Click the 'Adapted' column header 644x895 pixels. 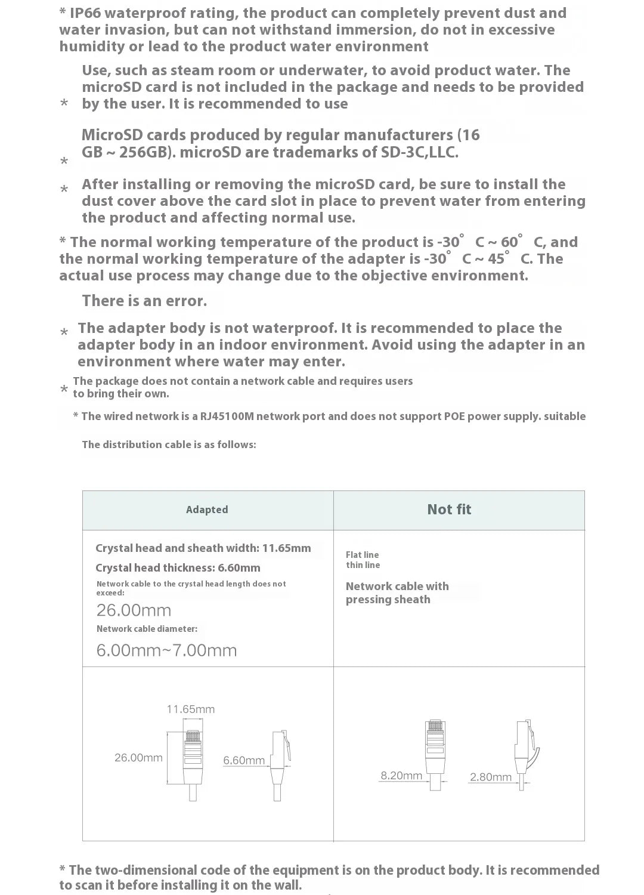[207, 510]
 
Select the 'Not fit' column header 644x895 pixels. [449, 510]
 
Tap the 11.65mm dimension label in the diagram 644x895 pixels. [190, 709]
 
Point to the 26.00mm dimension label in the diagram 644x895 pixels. [138, 758]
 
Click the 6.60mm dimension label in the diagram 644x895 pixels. [244, 761]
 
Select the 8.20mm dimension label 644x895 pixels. [401, 776]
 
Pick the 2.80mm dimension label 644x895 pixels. [491, 777]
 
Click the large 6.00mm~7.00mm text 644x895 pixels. [166, 650]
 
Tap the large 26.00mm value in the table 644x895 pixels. [134, 610]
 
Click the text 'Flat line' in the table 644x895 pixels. [362, 555]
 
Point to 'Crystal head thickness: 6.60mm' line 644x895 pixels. [178, 568]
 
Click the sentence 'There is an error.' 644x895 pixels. [144, 301]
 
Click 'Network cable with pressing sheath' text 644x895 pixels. [397, 593]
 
